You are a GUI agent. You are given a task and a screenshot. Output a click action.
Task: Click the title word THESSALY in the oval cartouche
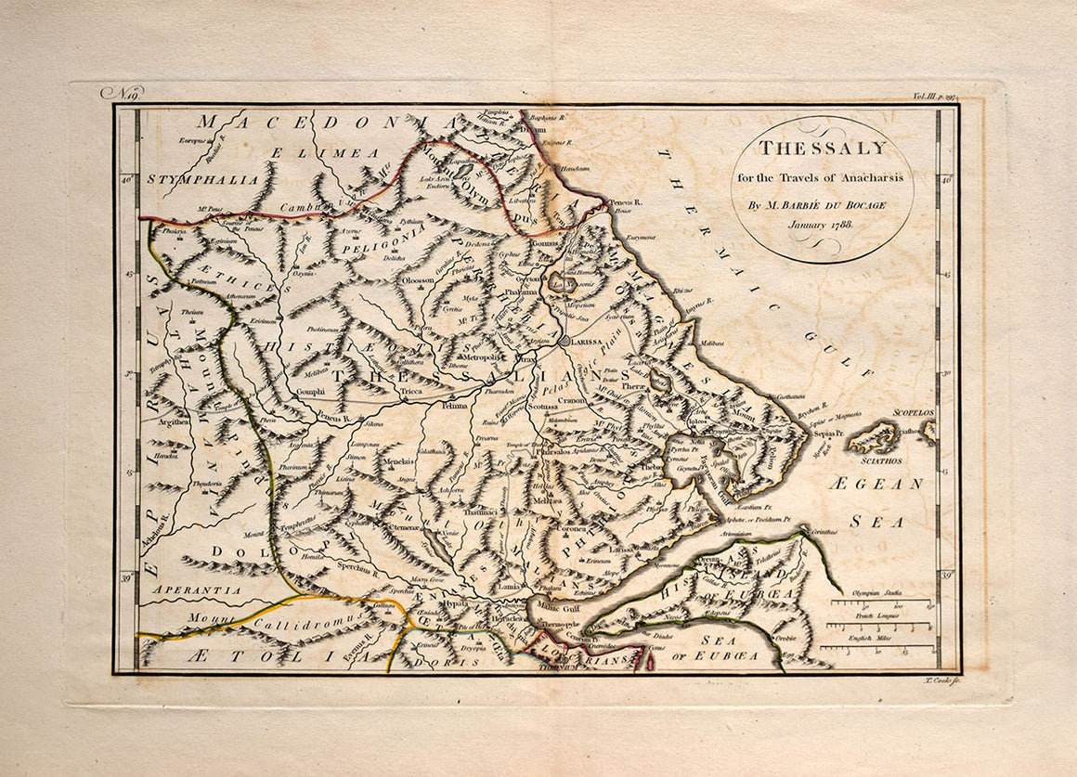pos(822,149)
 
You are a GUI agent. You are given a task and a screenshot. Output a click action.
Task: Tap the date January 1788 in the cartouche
pos(822,225)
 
